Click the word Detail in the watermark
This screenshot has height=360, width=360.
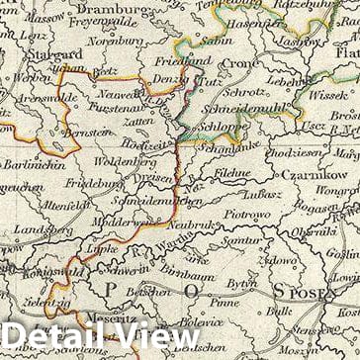pyautogui.click(x=58, y=337)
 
